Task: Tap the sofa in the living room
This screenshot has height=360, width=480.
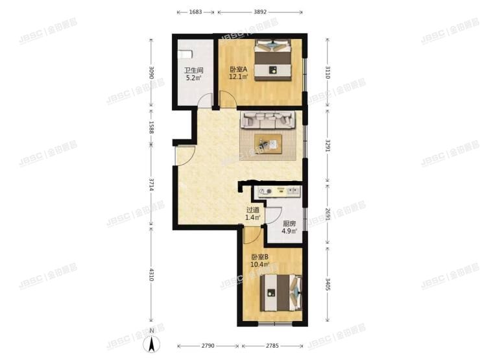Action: (x=269, y=120)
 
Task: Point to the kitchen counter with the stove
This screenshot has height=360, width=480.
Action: (x=278, y=191)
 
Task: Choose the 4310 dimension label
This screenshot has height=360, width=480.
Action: (x=150, y=276)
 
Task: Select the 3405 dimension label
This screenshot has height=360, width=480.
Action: (x=328, y=283)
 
